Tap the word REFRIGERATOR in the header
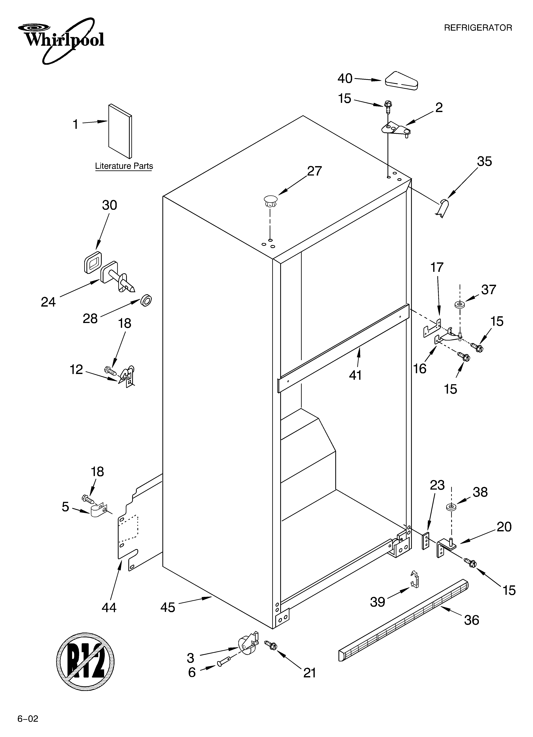point(478,28)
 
